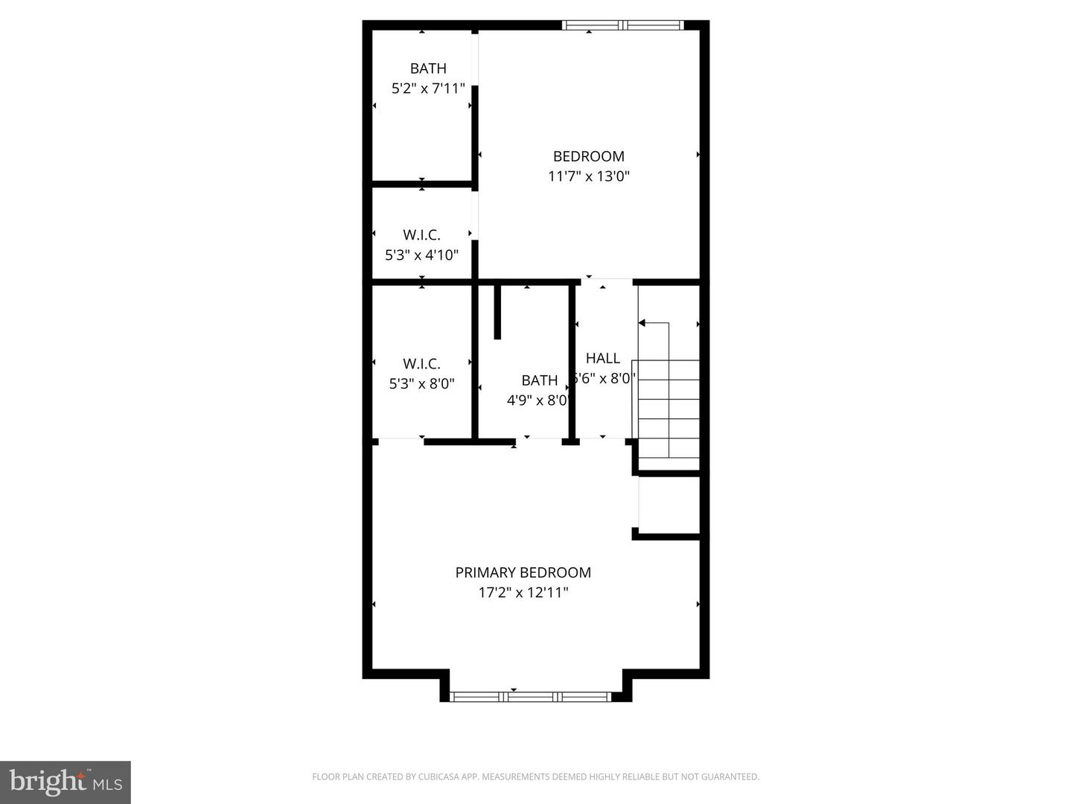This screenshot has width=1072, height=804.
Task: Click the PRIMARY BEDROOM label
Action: pyautogui.click(x=523, y=572)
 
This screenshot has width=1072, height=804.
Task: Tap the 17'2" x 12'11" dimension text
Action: pyautogui.click(x=523, y=593)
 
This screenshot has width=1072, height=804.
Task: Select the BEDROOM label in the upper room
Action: pyautogui.click(x=588, y=156)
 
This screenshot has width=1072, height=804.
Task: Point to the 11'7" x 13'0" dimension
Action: pyautogui.click(x=588, y=176)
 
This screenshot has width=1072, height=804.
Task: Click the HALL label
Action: pyautogui.click(x=602, y=358)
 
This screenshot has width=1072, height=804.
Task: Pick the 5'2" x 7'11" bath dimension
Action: pyautogui.click(x=428, y=89)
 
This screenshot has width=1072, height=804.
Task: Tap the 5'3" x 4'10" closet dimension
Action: pyautogui.click(x=421, y=255)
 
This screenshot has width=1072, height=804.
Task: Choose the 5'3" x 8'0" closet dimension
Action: pyautogui.click(x=421, y=384)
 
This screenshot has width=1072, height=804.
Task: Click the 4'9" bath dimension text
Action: pyautogui.click(x=537, y=401)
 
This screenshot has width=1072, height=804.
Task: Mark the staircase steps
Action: pyautogui.click(x=669, y=409)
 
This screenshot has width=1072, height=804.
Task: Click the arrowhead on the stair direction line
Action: pyautogui.click(x=642, y=323)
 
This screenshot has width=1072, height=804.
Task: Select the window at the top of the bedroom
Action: pyautogui.click(x=622, y=25)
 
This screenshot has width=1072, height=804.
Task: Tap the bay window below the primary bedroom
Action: pyautogui.click(x=531, y=697)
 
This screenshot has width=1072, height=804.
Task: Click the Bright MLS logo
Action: pyautogui.click(x=66, y=782)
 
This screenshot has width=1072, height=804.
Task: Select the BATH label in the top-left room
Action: pyautogui.click(x=428, y=68)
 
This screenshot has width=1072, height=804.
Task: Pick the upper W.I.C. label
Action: pyautogui.click(x=421, y=235)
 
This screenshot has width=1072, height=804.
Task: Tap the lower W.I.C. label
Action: pyautogui.click(x=421, y=364)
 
